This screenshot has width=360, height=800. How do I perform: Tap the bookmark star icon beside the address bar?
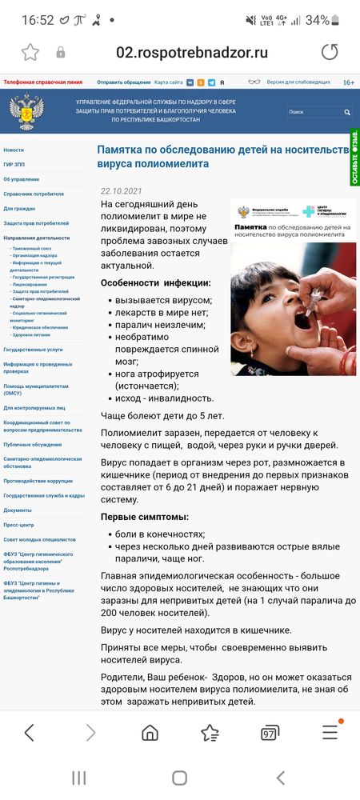30,53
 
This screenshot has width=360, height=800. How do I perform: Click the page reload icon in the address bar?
330,53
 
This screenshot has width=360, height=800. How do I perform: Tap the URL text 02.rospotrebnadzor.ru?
192,53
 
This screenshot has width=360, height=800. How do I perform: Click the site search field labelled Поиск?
316,112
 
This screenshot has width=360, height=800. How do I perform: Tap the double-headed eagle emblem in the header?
26,112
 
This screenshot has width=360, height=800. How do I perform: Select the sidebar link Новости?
14,150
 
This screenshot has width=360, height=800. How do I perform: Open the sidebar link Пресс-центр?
19,525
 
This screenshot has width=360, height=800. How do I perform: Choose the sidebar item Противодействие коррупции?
38,481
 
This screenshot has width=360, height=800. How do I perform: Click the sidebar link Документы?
18,510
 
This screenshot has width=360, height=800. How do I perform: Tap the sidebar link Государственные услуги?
33,350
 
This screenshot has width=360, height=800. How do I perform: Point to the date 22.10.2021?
121,191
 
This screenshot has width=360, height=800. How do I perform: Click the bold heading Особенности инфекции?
156,282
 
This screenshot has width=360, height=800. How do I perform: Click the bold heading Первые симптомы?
145,517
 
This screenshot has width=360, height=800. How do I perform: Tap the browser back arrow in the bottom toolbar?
30,732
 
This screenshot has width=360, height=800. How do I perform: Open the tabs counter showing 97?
270,733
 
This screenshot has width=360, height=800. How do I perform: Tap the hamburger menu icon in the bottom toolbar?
330,732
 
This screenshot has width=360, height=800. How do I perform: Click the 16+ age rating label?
349,82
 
